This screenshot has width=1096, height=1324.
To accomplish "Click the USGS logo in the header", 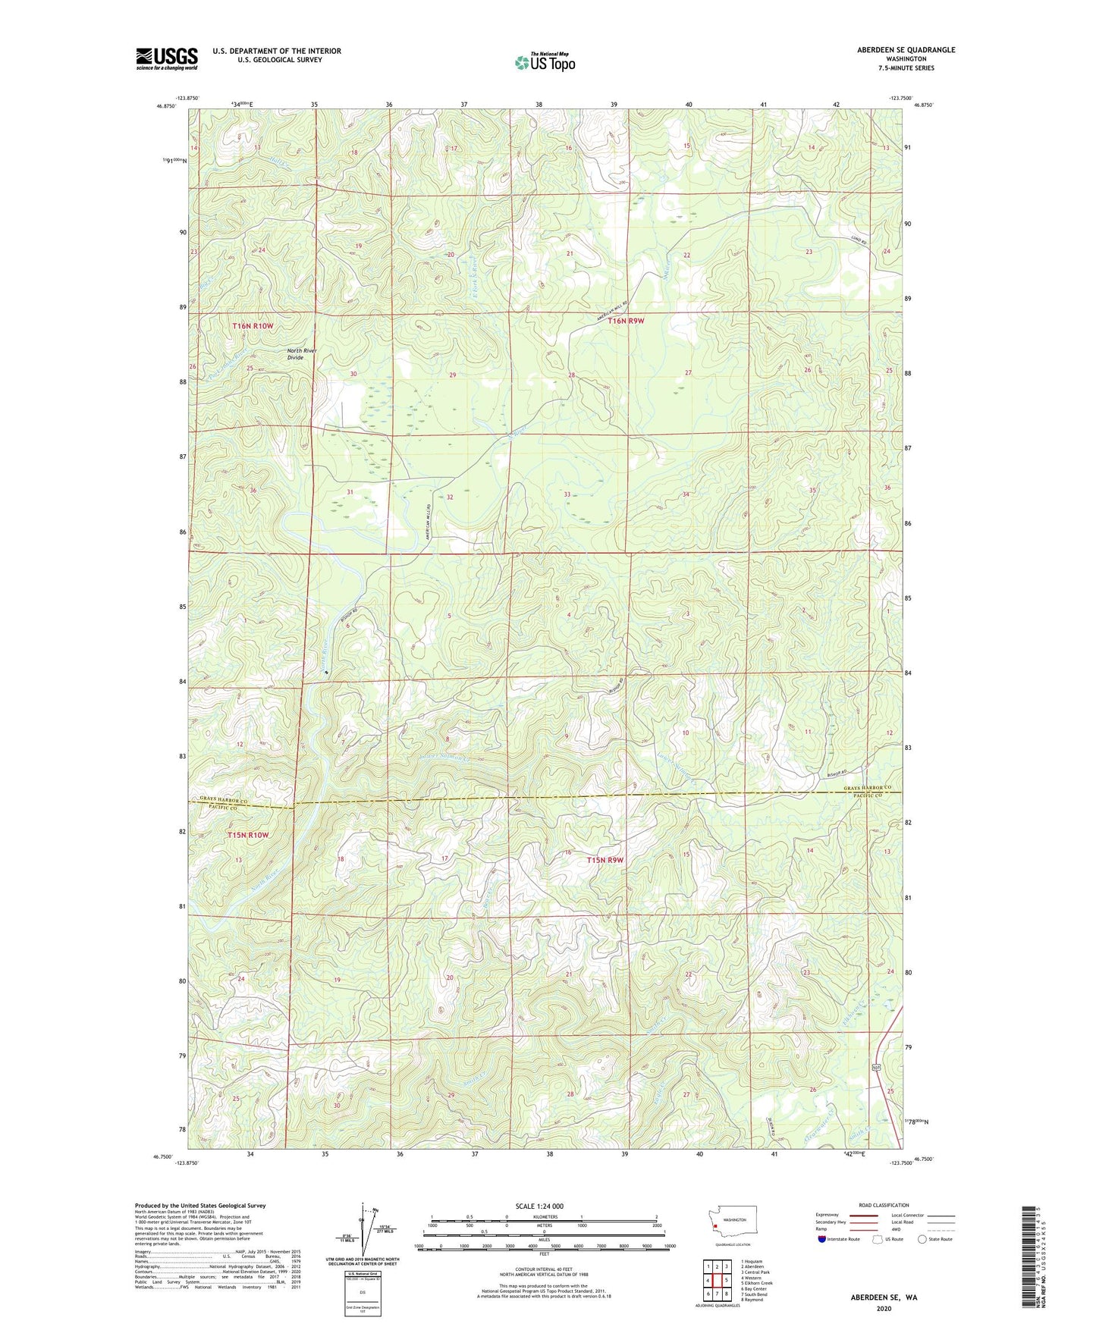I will (167, 58).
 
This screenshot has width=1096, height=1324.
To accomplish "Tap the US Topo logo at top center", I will (545, 62).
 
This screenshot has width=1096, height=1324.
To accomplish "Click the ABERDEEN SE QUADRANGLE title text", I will (906, 50).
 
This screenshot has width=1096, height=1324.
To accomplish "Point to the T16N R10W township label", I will (253, 325).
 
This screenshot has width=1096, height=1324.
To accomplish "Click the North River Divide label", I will (301, 354).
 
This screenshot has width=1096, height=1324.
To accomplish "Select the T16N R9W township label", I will (626, 321).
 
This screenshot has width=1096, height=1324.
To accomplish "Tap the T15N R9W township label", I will (605, 860).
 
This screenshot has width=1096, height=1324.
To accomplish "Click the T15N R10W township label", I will (248, 835).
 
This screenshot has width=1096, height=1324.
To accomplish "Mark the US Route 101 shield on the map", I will (877, 1067).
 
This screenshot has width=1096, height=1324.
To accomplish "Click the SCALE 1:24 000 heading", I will (539, 1206).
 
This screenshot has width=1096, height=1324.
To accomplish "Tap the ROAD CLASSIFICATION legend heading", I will (884, 1205).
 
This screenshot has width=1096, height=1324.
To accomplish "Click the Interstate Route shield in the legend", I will (822, 1239).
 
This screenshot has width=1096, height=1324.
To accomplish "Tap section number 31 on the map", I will (350, 492).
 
